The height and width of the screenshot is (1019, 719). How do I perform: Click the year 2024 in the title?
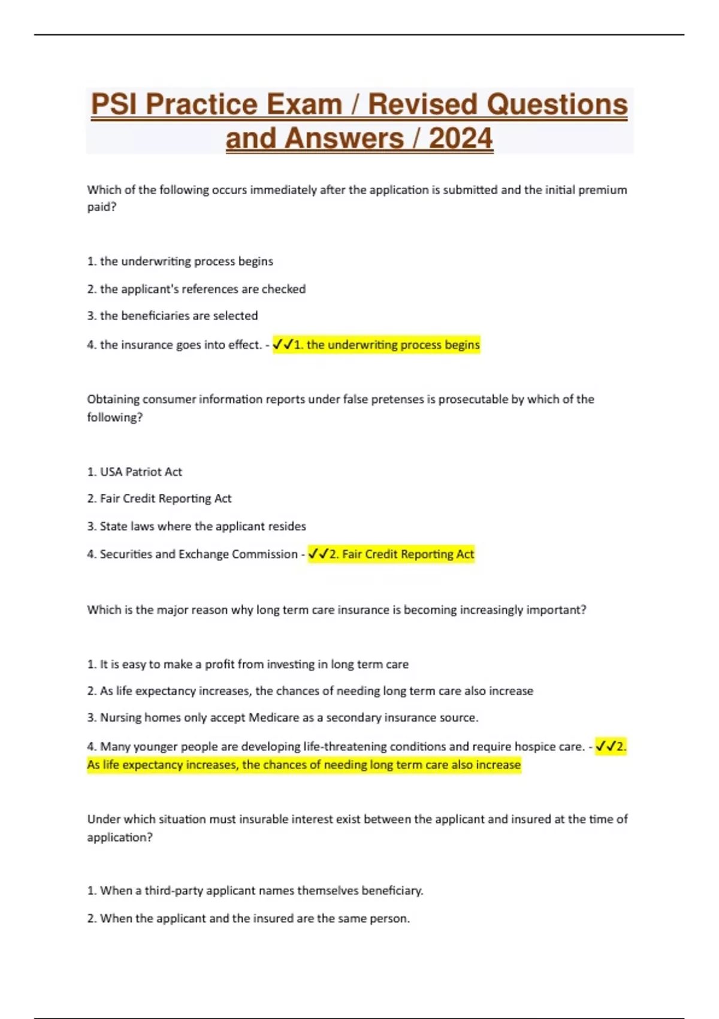tap(461, 138)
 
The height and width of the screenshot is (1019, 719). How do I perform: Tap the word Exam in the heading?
tap(303, 104)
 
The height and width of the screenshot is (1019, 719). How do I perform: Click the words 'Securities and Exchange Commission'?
tap(198, 554)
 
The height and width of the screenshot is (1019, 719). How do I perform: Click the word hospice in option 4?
tap(530, 746)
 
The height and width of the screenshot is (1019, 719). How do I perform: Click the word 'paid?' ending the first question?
tap(102, 207)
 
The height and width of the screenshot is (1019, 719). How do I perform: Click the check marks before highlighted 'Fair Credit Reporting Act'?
tap(318, 554)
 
